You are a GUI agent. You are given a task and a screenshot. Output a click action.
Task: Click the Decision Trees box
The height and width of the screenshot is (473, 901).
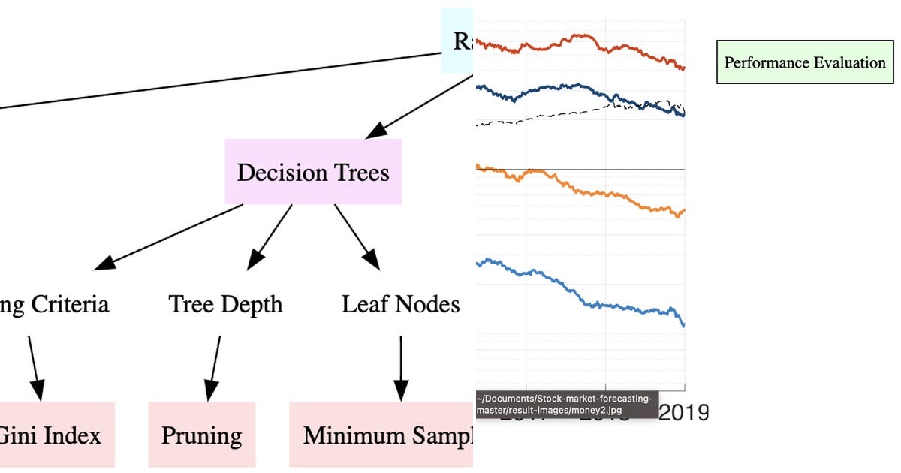313,172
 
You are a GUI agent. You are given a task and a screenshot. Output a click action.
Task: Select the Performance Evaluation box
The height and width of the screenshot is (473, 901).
805,62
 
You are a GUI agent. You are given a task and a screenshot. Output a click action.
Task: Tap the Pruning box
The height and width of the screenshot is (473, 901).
202,435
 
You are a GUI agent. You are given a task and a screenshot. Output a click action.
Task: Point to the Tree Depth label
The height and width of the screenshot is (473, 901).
225,304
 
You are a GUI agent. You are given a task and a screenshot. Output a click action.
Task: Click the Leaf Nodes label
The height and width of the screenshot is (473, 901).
400,304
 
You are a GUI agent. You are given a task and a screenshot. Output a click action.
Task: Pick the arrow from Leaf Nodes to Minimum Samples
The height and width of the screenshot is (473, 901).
400,368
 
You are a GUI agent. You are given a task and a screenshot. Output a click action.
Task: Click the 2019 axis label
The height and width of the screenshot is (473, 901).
683,413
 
